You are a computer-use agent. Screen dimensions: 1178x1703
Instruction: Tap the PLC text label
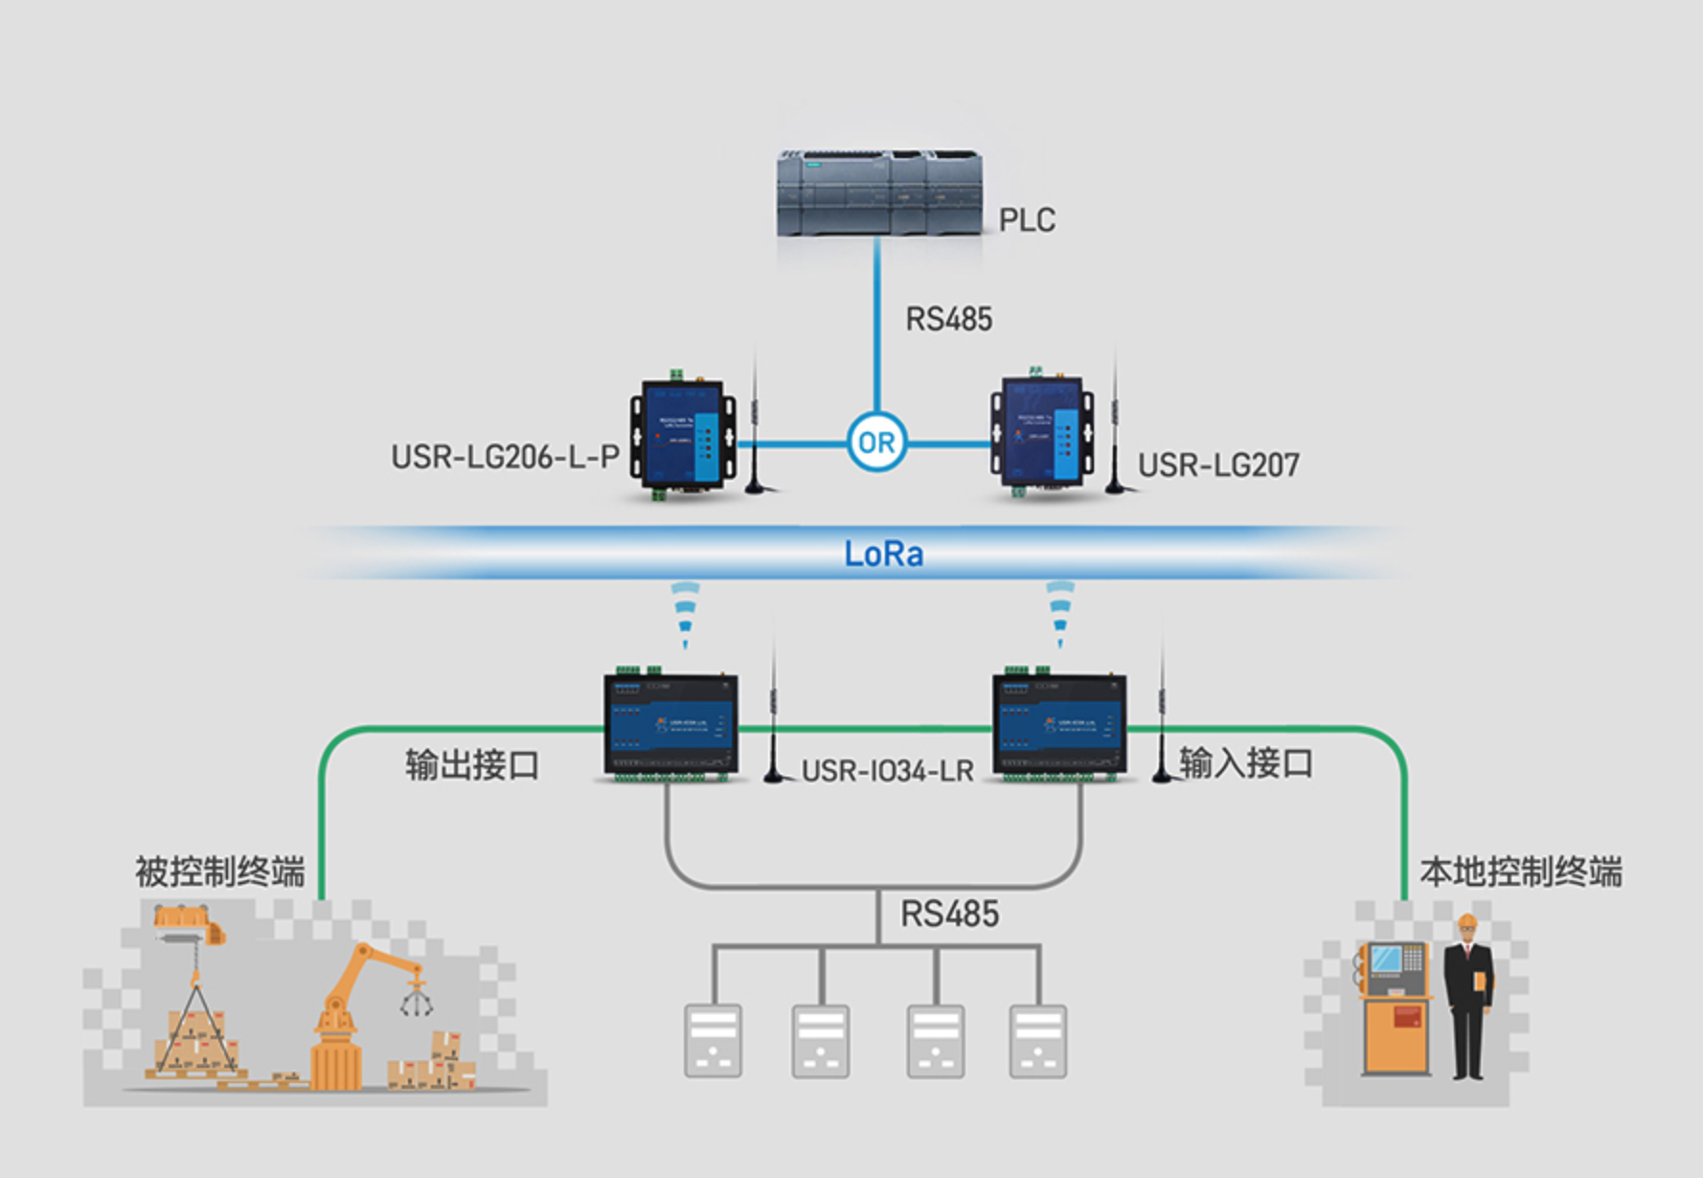1027,220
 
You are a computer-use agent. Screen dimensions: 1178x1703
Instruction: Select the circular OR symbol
876,442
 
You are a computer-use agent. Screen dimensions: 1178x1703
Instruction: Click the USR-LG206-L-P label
505,457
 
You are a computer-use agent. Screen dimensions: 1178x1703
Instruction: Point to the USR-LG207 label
1218,465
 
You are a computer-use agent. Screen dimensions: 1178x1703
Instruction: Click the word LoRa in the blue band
883,554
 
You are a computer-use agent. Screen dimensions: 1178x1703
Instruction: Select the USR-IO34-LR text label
887,771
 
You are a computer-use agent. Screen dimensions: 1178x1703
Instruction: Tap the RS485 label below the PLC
948,319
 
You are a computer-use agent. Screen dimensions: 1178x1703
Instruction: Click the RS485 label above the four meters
949,914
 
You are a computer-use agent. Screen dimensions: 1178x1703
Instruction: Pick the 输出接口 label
472,765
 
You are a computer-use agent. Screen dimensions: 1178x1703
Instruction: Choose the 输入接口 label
1245,763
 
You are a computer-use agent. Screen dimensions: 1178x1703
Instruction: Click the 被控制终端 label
220,872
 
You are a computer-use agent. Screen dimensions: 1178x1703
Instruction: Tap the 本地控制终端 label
1521,872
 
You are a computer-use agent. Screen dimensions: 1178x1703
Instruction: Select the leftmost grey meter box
713,1040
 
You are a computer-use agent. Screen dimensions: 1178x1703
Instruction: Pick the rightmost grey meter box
1038,1040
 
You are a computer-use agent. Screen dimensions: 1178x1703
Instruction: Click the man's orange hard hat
1466,923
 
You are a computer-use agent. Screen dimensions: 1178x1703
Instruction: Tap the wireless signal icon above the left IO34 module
685,613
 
